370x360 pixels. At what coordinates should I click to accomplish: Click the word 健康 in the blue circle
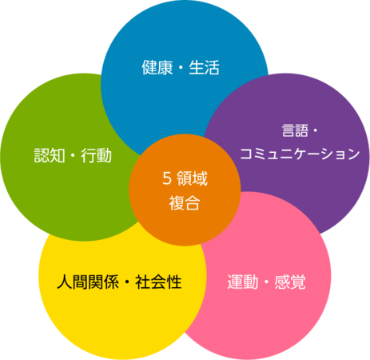click(x=157, y=67)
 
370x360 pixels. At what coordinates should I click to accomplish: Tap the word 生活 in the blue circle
click(x=205, y=67)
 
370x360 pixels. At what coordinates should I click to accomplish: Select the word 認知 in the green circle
click(x=50, y=155)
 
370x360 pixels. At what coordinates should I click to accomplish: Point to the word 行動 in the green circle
click(x=97, y=155)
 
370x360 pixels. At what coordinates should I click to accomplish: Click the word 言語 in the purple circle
click(x=295, y=130)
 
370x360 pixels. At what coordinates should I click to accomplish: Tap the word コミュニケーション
click(x=300, y=154)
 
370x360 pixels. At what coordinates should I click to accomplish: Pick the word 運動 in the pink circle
click(x=243, y=282)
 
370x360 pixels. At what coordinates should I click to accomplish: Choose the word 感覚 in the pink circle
click(x=290, y=282)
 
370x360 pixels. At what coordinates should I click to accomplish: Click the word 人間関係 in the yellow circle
click(x=88, y=282)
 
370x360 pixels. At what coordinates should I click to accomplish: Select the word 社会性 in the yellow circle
click(x=158, y=282)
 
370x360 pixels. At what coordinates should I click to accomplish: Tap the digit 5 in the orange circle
click(x=167, y=178)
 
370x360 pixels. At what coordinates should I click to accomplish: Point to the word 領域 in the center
click(x=192, y=178)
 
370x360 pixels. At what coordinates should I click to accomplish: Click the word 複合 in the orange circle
click(x=185, y=203)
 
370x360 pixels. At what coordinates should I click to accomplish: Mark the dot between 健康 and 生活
click(x=181, y=68)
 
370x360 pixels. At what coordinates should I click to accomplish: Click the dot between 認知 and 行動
click(x=73, y=155)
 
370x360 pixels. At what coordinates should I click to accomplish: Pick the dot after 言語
click(x=315, y=130)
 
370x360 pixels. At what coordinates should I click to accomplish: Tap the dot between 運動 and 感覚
click(x=266, y=282)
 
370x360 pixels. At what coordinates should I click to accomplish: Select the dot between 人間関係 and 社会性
click(x=127, y=282)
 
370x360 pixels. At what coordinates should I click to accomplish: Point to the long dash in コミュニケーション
click(x=314, y=154)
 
